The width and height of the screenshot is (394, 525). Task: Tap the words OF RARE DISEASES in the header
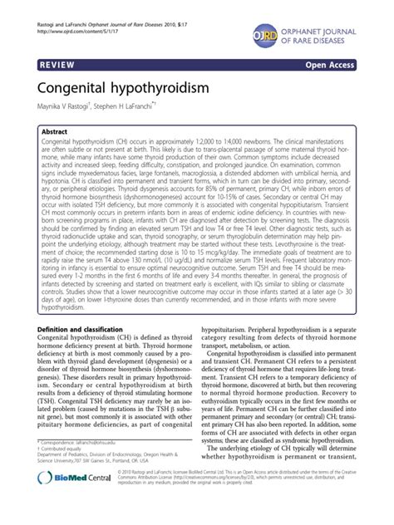click(x=340, y=33)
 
